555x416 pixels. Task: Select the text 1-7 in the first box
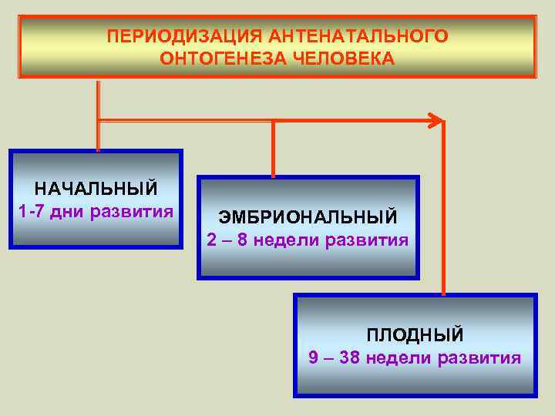31,210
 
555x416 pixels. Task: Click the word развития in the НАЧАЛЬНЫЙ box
132,210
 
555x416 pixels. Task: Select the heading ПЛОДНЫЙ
415,335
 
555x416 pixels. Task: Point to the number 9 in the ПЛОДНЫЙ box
313,357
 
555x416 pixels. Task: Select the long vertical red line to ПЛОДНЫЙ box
443,208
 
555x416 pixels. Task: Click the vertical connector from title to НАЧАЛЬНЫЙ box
98,116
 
